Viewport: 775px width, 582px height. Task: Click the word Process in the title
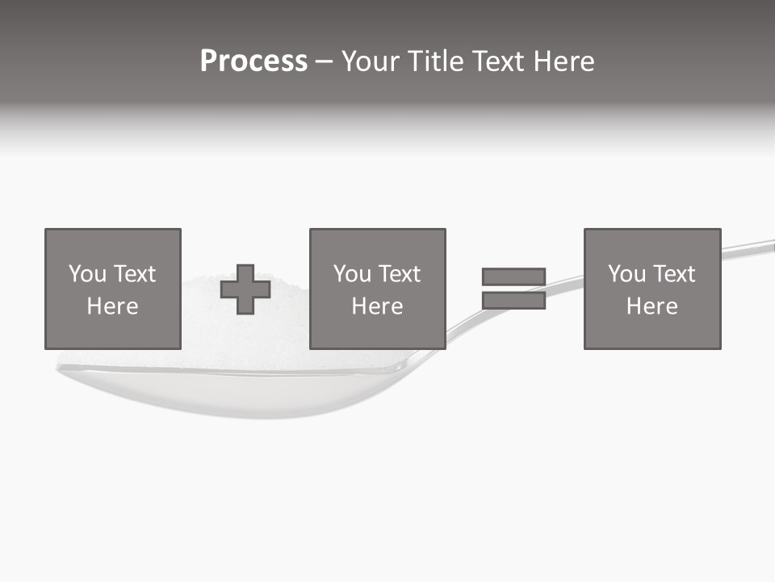click(x=253, y=61)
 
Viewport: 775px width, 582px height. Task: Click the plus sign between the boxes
click(x=245, y=289)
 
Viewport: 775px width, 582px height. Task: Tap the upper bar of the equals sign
click(x=513, y=277)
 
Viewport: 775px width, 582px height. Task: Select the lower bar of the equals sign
click(x=513, y=301)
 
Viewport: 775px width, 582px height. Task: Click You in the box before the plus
click(x=87, y=274)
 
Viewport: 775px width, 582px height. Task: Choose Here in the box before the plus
click(x=112, y=306)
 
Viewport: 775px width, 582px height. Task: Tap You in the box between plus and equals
click(x=352, y=274)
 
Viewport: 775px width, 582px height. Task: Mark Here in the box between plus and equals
click(x=377, y=306)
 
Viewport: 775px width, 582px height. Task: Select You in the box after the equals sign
click(x=626, y=274)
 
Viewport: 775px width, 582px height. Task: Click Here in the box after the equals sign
click(x=651, y=306)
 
